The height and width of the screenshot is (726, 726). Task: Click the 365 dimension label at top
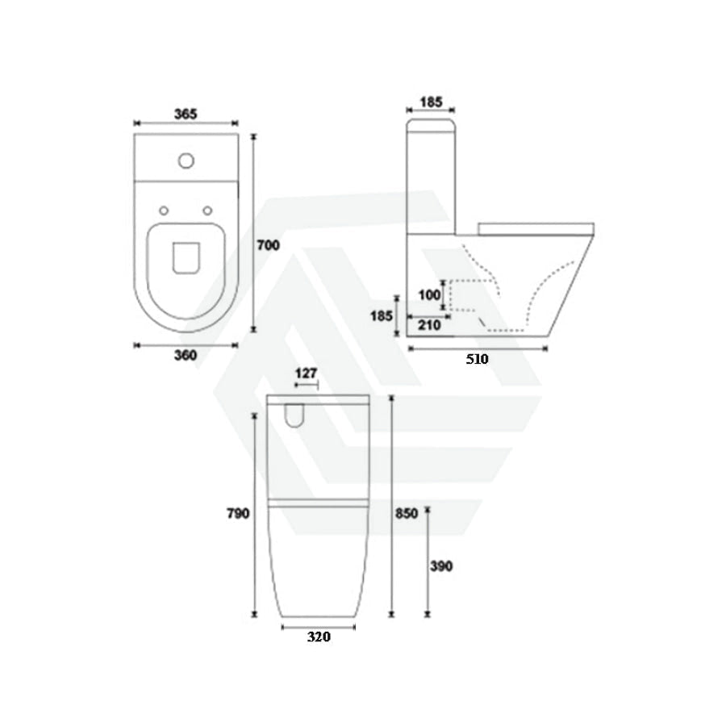pos(186,114)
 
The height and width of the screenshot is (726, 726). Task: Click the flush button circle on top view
pos(186,161)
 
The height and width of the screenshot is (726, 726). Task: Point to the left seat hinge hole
pos(165,211)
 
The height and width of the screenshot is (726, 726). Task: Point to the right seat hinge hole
pos(209,211)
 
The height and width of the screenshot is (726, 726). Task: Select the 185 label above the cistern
pos(432,102)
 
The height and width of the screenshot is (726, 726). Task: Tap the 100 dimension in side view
pos(429,295)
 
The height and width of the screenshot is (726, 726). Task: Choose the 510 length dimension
pos(478,360)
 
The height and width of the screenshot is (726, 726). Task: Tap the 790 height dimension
pos(238,513)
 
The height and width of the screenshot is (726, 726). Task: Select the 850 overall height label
pos(406,514)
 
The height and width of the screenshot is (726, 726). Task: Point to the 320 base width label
pos(319,637)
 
